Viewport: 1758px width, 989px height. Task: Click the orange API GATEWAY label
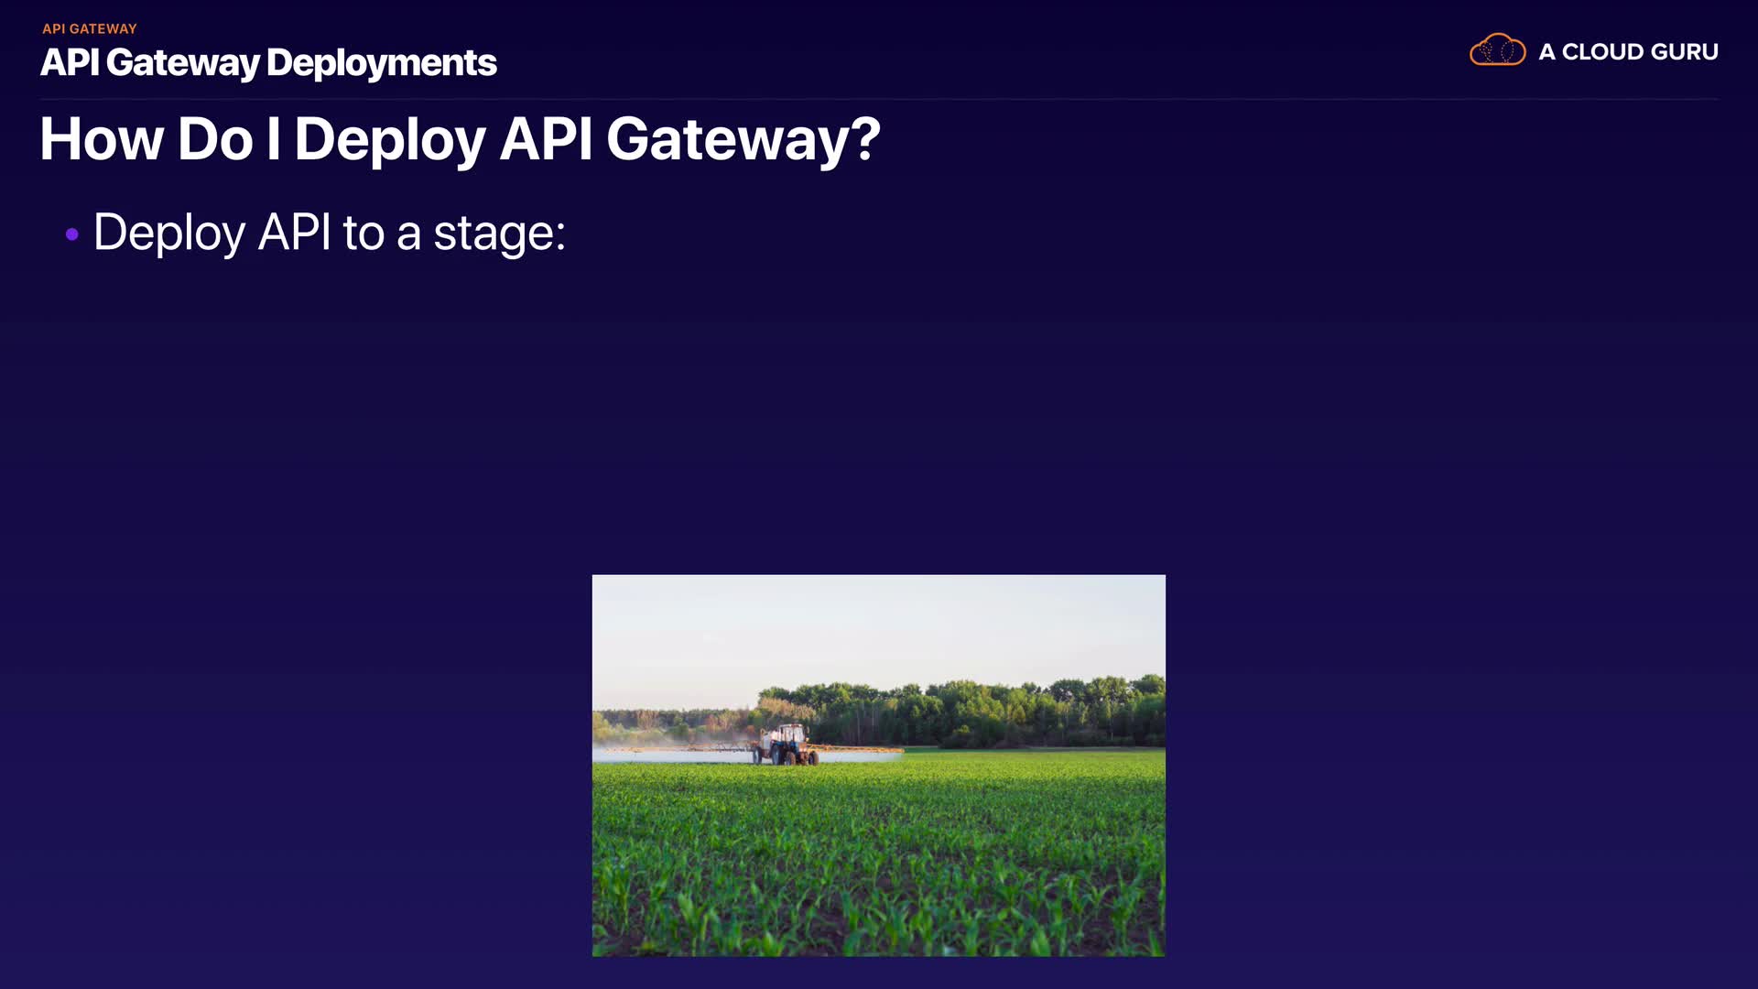90,29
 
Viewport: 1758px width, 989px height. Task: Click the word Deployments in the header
382,63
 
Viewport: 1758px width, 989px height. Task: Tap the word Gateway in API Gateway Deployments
183,63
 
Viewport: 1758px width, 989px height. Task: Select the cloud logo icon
1497,50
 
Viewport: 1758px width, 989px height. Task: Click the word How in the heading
102,140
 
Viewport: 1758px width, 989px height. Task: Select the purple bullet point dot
72,234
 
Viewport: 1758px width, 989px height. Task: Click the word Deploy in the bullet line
169,234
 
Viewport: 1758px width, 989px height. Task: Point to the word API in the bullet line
295,232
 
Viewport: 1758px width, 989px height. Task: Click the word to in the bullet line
364,234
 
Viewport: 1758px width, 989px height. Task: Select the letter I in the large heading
273,140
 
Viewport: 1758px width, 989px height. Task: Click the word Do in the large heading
215,140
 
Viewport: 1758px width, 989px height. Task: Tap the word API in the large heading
547,140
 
